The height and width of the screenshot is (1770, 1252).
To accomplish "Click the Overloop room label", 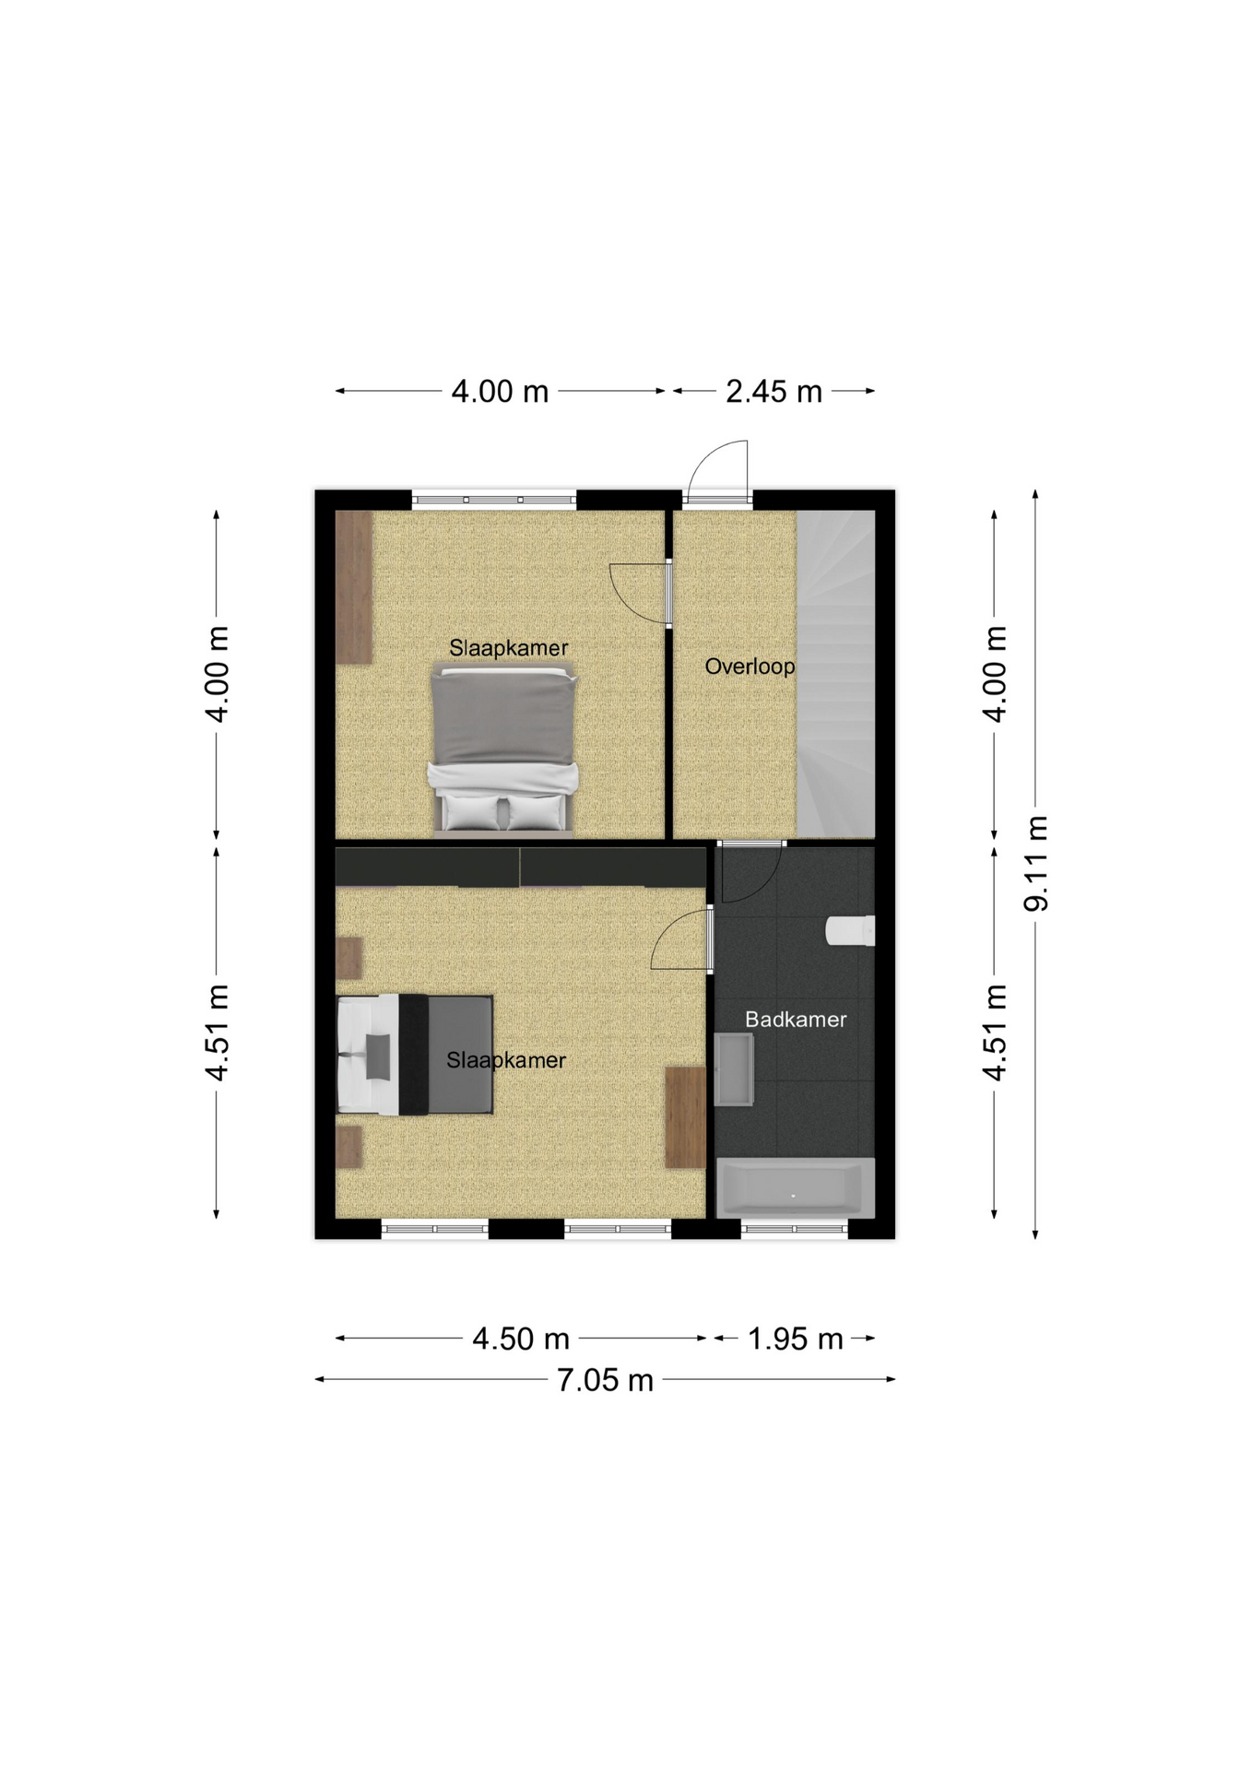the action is coord(750,666).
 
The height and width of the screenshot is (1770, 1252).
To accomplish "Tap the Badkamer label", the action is coord(796,1019).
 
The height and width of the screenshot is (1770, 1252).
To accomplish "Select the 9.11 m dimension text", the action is coord(1037,864).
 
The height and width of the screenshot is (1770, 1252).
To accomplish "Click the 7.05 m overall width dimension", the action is coord(605,1380).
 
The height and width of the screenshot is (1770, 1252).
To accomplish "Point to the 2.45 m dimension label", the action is coord(774,392).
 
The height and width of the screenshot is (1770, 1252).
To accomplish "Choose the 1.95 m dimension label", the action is coord(795,1339).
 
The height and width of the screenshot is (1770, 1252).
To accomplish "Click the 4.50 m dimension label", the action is coord(521,1339).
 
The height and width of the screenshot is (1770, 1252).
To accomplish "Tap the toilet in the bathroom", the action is coord(850,931).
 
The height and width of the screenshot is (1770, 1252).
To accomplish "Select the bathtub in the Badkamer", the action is coord(796,1187).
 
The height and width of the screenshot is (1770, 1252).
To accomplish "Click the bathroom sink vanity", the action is coord(734,1069).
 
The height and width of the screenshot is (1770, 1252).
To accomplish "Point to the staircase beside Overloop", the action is coord(835,674).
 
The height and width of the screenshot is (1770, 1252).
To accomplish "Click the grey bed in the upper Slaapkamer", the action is coord(503,749).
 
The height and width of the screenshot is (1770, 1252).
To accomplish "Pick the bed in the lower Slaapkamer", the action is coord(415,1055).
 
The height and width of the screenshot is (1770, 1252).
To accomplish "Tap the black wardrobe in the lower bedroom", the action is coord(520,867).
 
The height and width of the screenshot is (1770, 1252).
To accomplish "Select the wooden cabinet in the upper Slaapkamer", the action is coord(354,587).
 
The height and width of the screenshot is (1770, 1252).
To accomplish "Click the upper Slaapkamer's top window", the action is coord(494,500).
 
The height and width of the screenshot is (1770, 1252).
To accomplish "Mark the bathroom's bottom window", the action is coord(795,1229).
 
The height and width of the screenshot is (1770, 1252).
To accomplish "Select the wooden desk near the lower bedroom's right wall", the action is coord(685,1117).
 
